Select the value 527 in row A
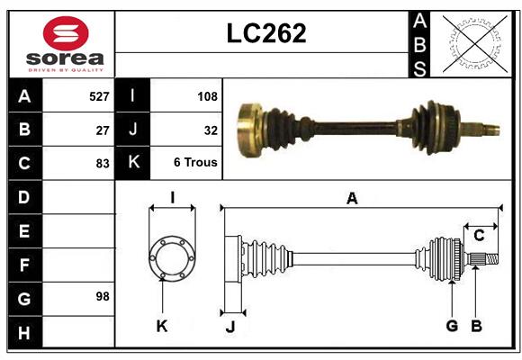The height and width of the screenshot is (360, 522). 99,96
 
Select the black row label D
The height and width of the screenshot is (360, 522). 24,196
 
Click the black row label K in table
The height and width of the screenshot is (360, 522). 133,163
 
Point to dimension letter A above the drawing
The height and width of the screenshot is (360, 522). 352,199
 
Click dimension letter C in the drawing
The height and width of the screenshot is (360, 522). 479,236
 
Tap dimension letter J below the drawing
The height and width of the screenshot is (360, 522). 229,327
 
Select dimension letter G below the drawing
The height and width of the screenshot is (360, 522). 452,326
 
